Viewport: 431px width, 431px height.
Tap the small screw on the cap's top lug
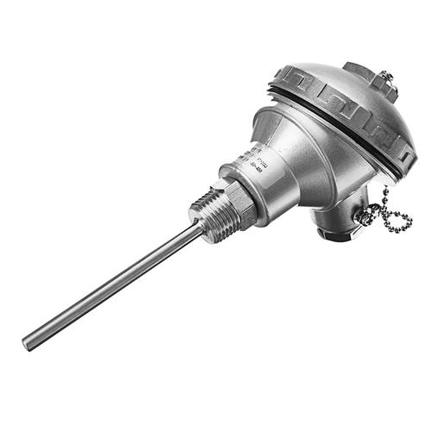[385, 79]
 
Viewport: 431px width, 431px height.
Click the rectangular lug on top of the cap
[362, 74]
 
